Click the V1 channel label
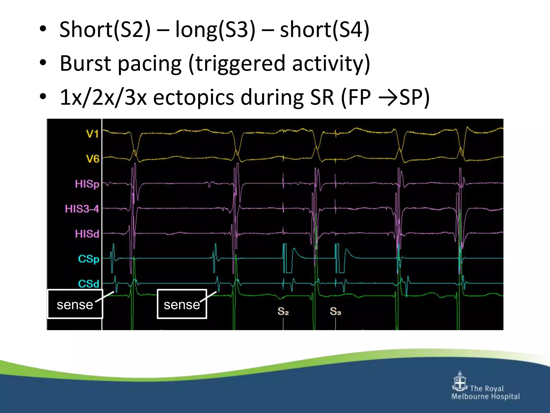(x=92, y=134)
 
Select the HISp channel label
(x=87, y=184)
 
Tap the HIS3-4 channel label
(x=82, y=209)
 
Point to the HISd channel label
(x=87, y=234)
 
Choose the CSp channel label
(x=89, y=259)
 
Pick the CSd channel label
(x=89, y=284)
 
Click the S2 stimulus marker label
(x=283, y=311)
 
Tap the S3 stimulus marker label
(x=335, y=311)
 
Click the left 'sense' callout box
(x=75, y=304)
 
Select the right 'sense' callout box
(x=182, y=304)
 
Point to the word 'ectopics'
(x=193, y=97)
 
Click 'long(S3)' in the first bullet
(x=215, y=30)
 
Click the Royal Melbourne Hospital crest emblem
(x=460, y=382)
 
